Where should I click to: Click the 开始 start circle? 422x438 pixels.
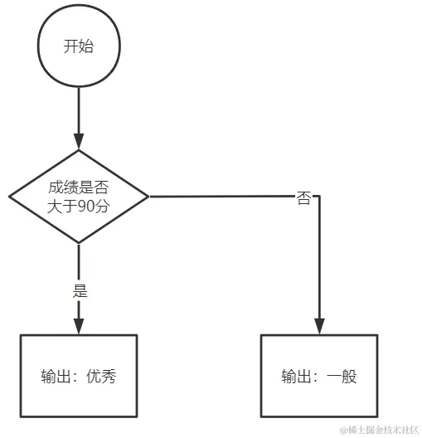(79, 46)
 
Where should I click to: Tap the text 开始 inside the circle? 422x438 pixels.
(79, 46)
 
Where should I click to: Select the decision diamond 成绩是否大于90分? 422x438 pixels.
(79, 197)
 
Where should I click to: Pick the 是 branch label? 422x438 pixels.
(80, 291)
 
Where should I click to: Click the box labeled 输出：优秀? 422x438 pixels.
(79, 376)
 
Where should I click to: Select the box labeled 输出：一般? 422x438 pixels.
(319, 376)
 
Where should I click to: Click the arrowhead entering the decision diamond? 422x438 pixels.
(79, 141)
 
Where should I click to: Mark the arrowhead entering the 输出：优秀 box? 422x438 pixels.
(79, 326)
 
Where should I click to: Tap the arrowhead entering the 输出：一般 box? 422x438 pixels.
(319, 326)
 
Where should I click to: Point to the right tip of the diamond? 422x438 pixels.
(148, 197)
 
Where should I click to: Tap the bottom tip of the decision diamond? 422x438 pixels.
(79, 243)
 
